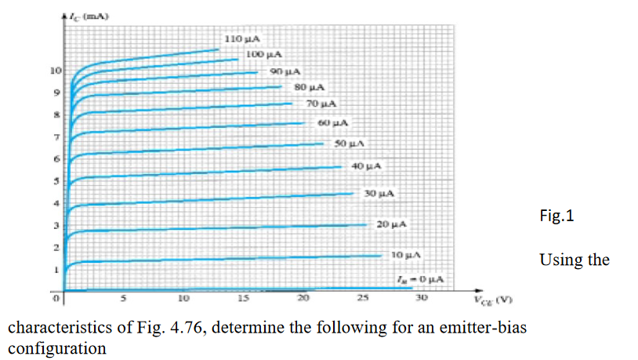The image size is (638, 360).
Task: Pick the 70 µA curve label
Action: (321, 104)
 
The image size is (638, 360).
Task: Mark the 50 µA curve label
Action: (350, 144)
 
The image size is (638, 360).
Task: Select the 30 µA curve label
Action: (379, 193)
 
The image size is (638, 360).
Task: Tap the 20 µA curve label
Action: (392, 225)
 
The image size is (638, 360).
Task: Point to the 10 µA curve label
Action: (407, 255)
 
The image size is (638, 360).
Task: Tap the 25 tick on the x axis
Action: (362, 298)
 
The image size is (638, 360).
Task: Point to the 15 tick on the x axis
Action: (243, 298)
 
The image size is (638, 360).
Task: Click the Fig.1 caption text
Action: (557, 216)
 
